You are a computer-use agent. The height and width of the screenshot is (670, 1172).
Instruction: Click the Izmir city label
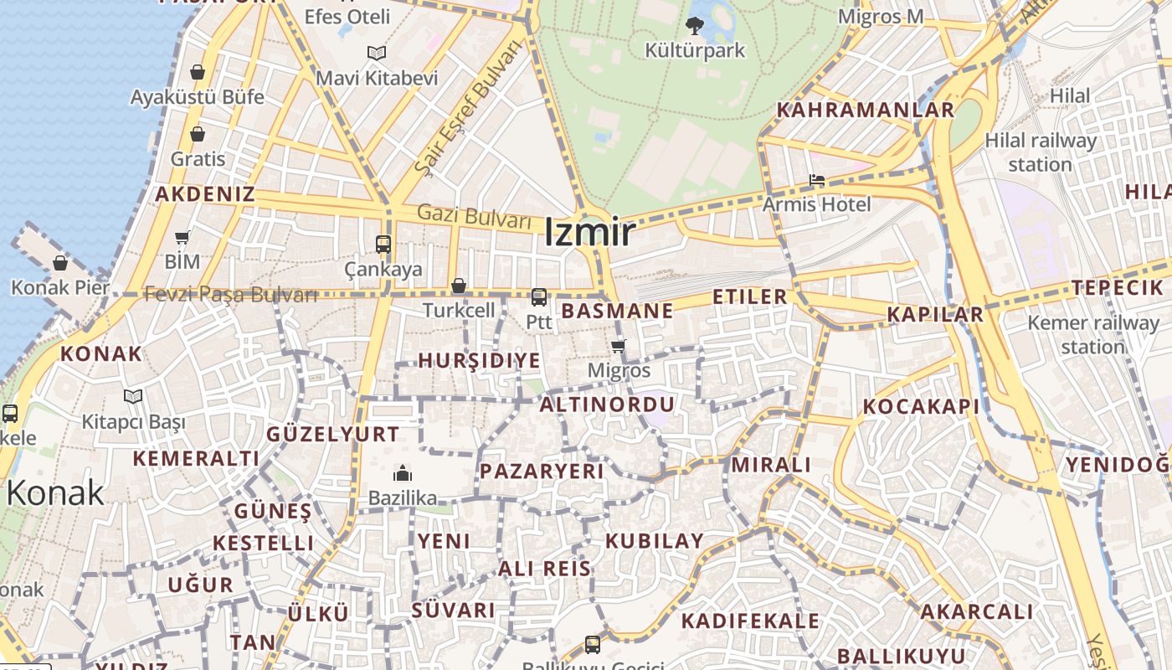[x=589, y=233]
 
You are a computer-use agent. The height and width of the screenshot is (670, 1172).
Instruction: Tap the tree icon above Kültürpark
[x=694, y=25]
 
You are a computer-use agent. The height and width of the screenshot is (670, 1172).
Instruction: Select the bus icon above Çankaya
[x=383, y=245]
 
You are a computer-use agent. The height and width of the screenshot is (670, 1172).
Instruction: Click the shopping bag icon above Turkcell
[x=459, y=286]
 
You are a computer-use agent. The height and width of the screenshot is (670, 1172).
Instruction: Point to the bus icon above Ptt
[x=539, y=296]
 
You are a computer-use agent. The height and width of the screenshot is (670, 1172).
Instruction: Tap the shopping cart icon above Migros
[x=619, y=346]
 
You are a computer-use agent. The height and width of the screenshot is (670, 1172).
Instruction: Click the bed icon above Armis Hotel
[x=817, y=180]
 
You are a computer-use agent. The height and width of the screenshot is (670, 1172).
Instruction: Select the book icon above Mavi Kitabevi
[x=377, y=54]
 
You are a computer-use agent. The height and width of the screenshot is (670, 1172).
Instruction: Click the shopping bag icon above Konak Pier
[x=60, y=263]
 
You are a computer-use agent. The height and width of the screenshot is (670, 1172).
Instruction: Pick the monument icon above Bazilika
[x=403, y=473]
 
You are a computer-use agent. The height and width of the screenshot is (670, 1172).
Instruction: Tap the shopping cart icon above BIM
[x=182, y=237]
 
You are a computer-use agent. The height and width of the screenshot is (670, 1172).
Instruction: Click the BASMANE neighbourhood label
[x=617, y=312]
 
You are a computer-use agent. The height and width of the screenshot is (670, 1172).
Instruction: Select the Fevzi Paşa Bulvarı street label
[x=231, y=295]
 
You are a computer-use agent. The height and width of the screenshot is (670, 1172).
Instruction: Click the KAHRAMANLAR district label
[x=866, y=110]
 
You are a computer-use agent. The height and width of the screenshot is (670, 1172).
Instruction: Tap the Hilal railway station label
[x=1041, y=152]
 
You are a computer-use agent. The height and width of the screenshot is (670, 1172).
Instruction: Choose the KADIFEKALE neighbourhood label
[x=750, y=621]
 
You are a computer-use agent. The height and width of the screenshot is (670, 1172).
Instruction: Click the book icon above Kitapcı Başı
[x=133, y=396]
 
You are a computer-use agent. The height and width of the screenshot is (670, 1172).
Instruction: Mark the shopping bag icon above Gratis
[x=198, y=134]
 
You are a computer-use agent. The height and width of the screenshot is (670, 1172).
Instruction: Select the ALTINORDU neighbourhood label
[x=607, y=405]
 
